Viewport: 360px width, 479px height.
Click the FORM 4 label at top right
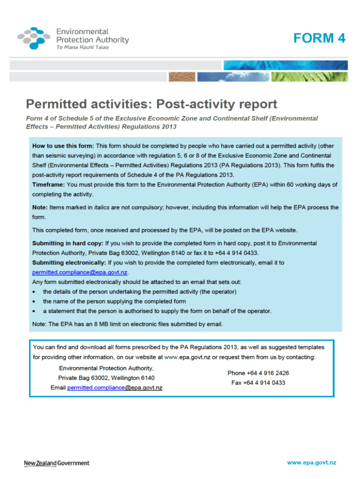click(319, 38)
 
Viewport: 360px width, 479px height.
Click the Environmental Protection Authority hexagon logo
click(35, 37)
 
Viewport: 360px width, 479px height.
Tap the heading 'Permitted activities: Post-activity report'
click(151, 104)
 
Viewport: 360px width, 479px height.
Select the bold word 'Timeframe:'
click(49, 185)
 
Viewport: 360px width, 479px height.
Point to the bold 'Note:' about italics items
click(40, 207)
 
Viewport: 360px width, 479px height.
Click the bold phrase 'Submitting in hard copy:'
click(68, 243)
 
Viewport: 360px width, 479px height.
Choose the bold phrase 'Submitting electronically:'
click(69, 262)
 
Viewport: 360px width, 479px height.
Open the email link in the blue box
click(80, 272)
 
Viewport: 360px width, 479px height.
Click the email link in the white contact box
click(115, 388)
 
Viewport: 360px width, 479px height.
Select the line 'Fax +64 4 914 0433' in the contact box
click(258, 383)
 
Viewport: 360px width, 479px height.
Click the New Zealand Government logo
click(57, 463)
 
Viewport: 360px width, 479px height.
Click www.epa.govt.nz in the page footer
click(311, 463)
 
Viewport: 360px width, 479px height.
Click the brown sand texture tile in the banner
click(182, 77)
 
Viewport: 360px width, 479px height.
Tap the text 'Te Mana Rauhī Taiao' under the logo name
click(82, 49)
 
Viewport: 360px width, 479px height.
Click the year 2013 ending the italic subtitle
click(169, 127)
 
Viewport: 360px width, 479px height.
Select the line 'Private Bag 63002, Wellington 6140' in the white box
click(107, 378)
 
